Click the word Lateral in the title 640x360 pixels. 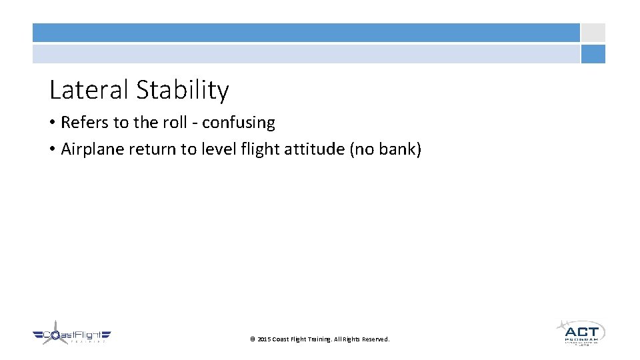89,90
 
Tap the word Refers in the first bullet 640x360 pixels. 82,123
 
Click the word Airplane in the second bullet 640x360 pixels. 92,149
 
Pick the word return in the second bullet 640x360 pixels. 152,149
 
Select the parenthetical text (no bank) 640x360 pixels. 385,149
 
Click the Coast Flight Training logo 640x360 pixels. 71,335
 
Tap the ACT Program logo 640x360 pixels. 580,332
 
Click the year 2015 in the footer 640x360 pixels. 264,339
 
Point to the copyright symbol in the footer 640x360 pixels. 253,339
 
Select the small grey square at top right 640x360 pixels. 593,33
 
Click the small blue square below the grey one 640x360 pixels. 593,54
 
